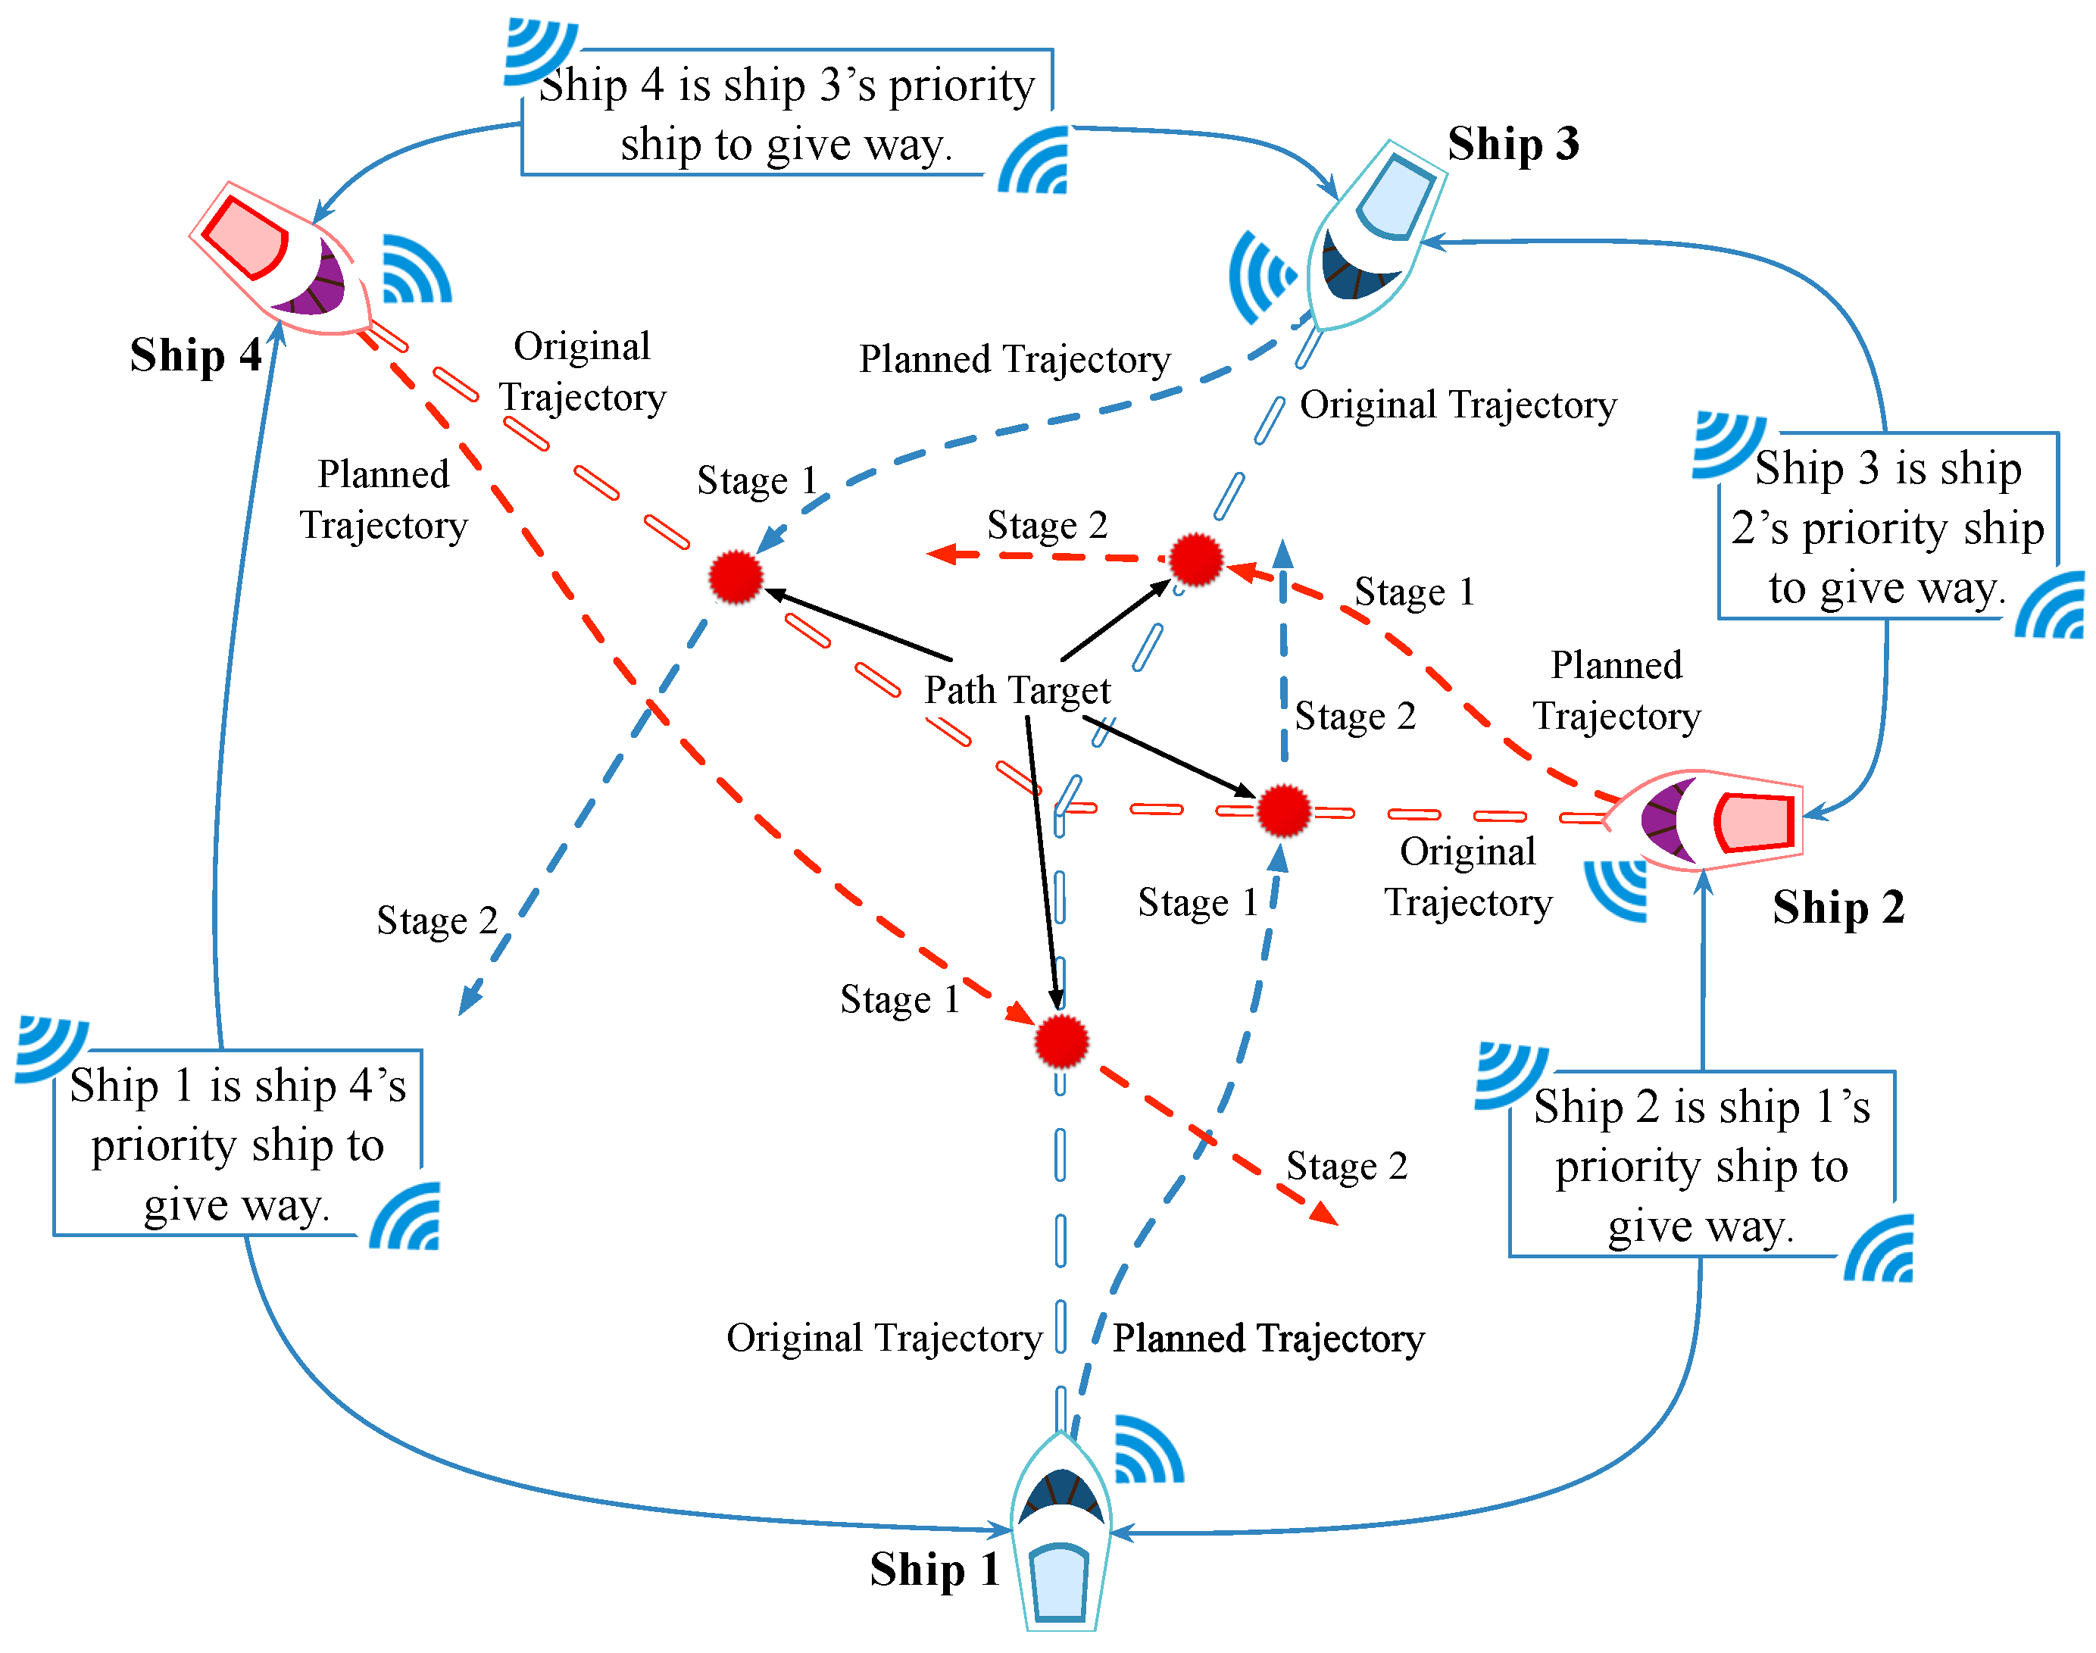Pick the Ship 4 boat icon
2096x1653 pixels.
[x=280, y=259]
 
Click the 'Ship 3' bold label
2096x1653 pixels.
[x=1513, y=144]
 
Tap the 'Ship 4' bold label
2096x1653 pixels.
[x=195, y=355]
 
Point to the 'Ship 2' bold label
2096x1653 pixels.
[x=1838, y=908]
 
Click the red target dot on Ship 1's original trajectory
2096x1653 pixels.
[x=1061, y=1042]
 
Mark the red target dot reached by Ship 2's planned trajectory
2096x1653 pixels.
[x=1196, y=559]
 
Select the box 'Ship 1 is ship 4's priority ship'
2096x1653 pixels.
[x=237, y=1144]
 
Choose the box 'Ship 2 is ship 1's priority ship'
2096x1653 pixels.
[x=1701, y=1165]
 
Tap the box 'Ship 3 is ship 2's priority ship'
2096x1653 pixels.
[x=1887, y=527]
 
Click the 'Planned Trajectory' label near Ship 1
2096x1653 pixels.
[x=1267, y=1339]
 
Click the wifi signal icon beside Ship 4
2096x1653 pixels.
[x=416, y=269]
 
